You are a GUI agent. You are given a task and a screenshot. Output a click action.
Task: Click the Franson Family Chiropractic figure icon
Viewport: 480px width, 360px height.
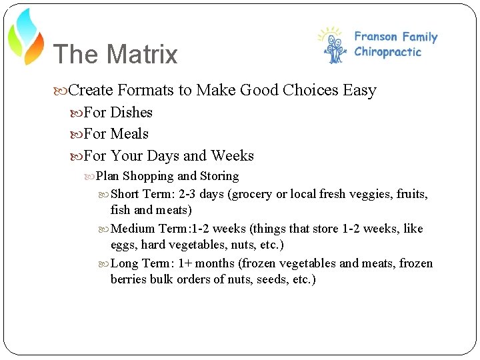point(333,46)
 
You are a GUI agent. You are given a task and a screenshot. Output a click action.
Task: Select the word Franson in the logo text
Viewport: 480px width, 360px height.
point(375,37)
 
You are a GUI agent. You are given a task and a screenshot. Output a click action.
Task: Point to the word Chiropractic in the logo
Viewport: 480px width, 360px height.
point(388,52)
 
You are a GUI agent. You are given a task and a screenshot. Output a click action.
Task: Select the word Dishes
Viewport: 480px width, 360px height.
point(131,112)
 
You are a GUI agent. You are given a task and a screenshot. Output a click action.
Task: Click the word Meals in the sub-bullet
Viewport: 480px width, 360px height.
point(129,134)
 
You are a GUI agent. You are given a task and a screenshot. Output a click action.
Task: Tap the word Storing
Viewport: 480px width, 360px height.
point(219,177)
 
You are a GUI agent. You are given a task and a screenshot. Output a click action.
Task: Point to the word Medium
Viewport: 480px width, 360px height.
point(133,229)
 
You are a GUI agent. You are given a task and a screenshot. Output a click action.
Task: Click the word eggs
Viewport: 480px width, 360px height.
point(122,245)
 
